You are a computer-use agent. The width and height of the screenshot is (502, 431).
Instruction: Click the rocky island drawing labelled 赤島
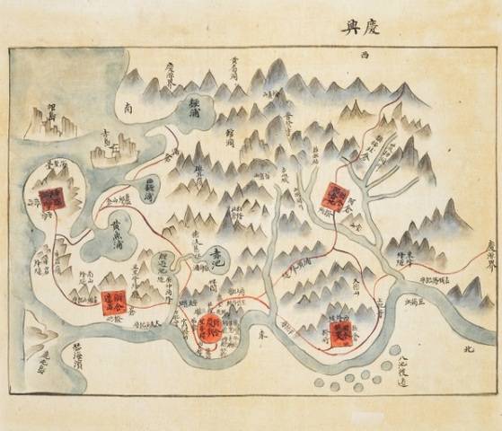coord(115,144)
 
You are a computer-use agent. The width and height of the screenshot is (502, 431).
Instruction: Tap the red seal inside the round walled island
coord(51,198)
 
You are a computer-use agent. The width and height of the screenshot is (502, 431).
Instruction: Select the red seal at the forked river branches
coord(335,197)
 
